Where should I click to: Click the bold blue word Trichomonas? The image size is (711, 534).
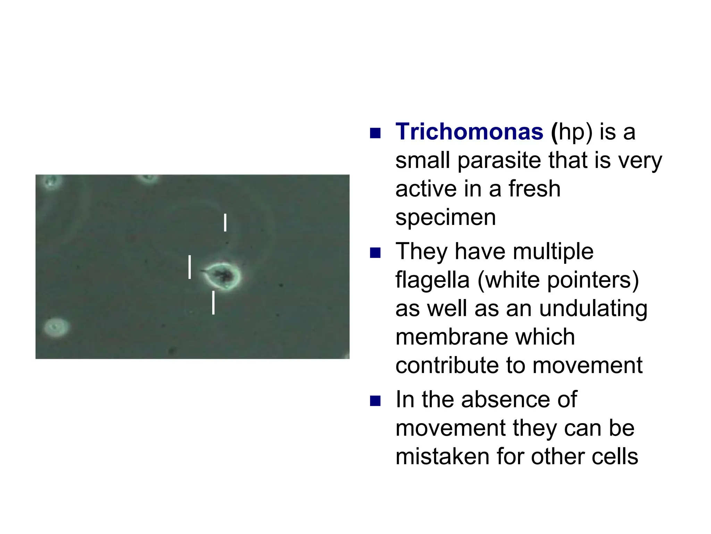(x=469, y=132)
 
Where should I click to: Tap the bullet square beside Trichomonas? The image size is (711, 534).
(x=375, y=133)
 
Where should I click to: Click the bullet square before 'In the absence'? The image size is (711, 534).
(x=375, y=401)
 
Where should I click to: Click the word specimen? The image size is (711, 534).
(x=445, y=218)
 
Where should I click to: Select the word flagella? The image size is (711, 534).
(x=432, y=280)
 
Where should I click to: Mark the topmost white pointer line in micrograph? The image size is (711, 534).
(x=225, y=222)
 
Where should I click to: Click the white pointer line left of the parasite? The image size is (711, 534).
(x=190, y=267)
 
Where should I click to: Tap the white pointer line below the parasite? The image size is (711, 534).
(x=213, y=303)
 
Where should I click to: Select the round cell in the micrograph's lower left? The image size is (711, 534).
(x=56, y=327)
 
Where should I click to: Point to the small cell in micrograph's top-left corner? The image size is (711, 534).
(x=52, y=181)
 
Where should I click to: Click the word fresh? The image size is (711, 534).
(x=534, y=189)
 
